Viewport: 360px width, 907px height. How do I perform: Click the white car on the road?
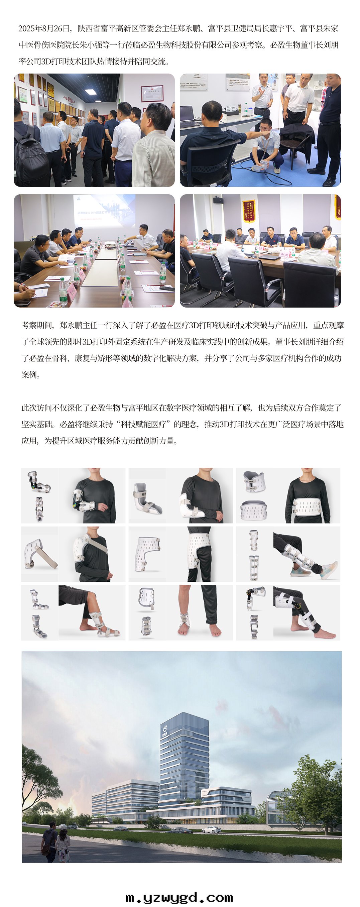[x=211, y=829]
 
